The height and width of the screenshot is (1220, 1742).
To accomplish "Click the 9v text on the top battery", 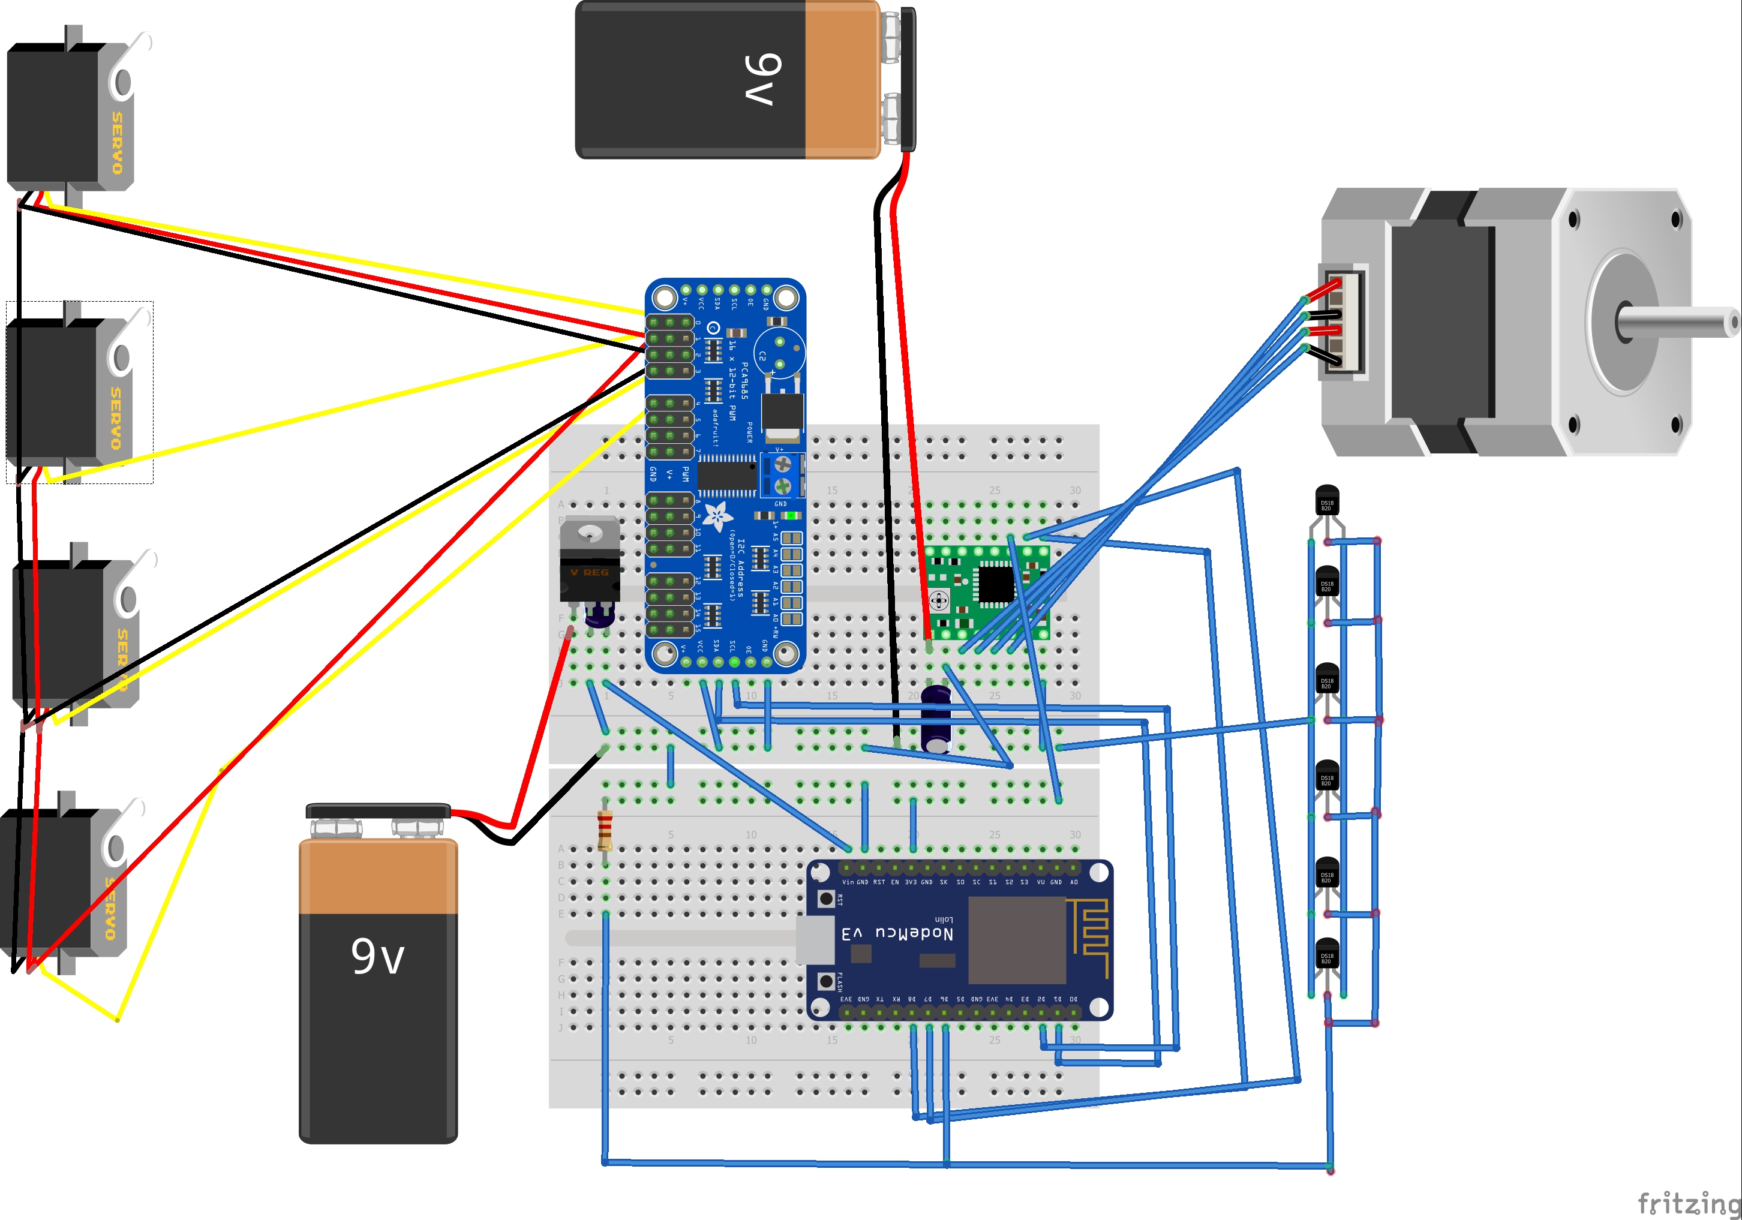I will coord(762,79).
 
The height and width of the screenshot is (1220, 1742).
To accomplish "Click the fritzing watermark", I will coord(1688,1203).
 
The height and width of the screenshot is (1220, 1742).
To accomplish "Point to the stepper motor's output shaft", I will coord(1677,323).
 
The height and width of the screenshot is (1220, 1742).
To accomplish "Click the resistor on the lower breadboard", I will coord(605,831).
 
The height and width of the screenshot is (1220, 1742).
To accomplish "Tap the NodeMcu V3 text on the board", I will coord(897,933).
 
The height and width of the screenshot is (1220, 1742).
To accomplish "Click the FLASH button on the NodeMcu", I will coord(826,981).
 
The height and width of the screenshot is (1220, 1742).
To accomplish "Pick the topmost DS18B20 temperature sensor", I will coord(1326,501).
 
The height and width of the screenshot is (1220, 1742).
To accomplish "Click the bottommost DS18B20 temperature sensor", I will coord(1326,954).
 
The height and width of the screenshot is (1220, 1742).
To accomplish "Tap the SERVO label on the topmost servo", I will coord(117,143).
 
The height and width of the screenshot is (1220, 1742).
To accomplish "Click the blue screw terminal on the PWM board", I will coord(782,474).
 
